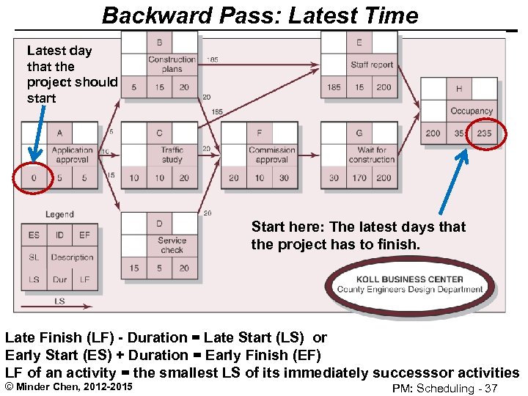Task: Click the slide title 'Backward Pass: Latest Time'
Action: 260,15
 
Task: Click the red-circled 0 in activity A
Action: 34,177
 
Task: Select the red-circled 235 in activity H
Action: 484,133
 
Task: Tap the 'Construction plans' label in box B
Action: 172,65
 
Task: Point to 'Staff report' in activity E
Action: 372,65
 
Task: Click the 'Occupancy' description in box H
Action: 472,111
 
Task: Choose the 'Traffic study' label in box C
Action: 172,155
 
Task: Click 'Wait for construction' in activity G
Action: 372,155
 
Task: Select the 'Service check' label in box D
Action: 172,246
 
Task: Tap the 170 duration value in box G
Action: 359,177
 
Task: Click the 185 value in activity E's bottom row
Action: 334,87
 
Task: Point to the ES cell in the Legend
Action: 34,235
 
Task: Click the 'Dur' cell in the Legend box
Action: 59,279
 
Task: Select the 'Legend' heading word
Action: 59,215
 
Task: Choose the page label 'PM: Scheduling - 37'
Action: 445,388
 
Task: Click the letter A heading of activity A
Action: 59,133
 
